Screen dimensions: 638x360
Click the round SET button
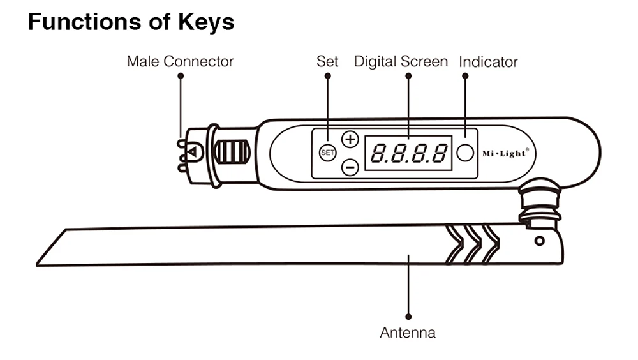(x=327, y=153)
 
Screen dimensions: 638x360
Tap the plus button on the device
(x=350, y=139)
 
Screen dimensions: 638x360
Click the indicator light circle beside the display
(x=465, y=153)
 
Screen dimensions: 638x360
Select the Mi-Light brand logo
(x=505, y=153)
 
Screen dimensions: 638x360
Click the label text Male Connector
(x=180, y=61)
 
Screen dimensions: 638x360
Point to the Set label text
(x=327, y=61)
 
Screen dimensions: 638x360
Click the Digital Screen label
(x=401, y=61)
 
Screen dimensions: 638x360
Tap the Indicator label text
(x=488, y=62)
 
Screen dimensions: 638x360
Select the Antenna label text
(x=408, y=333)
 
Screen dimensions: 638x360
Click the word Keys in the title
(x=206, y=22)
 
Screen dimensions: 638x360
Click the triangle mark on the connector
(x=192, y=153)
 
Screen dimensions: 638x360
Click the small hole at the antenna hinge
(x=540, y=241)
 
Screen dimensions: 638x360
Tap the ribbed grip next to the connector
(x=231, y=151)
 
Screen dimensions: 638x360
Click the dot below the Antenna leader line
(x=408, y=317)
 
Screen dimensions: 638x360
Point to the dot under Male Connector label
(x=181, y=76)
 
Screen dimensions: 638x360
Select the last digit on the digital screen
(x=439, y=153)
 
